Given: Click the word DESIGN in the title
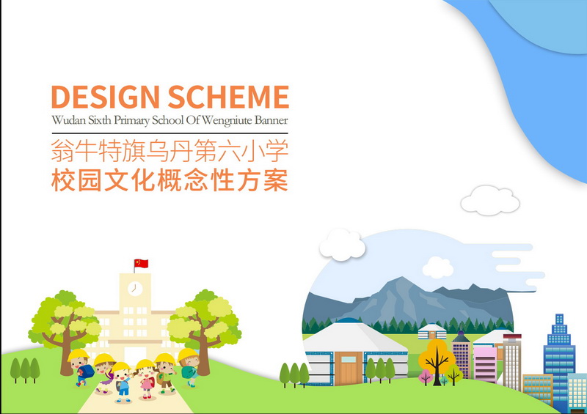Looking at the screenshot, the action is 106,97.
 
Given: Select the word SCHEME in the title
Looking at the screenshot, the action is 228,97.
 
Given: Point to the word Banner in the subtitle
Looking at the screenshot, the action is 271,120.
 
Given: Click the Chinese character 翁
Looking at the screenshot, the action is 62,151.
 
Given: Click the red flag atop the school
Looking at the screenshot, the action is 141,263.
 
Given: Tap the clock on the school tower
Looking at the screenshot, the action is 135,289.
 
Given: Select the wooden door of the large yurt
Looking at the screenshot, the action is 349,369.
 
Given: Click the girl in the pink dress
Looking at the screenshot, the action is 145,380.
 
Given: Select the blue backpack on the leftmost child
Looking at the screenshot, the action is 87,372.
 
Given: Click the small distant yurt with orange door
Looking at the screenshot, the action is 432,331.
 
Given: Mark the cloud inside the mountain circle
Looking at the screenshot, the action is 437,267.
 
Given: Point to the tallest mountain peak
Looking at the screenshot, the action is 401,278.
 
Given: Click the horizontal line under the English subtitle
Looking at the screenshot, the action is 170,133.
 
